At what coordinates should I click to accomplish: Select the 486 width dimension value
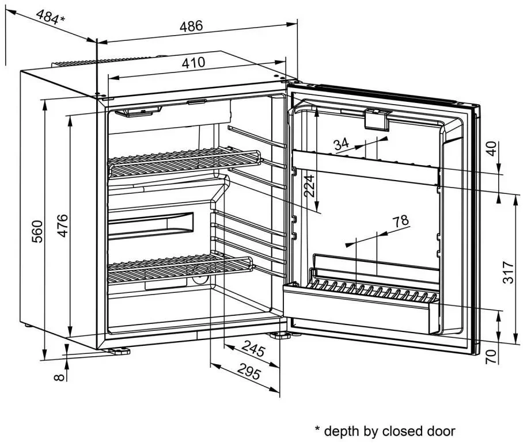pyautogui.click(x=191, y=26)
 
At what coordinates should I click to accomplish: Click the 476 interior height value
pyautogui.click(x=62, y=226)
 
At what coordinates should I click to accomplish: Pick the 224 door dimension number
pyautogui.click(x=310, y=186)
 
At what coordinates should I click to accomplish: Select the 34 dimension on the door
pyautogui.click(x=342, y=144)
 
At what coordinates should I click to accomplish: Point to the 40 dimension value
pyautogui.click(x=491, y=149)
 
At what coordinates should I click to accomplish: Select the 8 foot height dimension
pyautogui.click(x=57, y=377)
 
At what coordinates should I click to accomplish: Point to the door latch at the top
pyautogui.click(x=376, y=119)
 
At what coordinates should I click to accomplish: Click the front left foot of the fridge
pyautogui.click(x=118, y=350)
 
